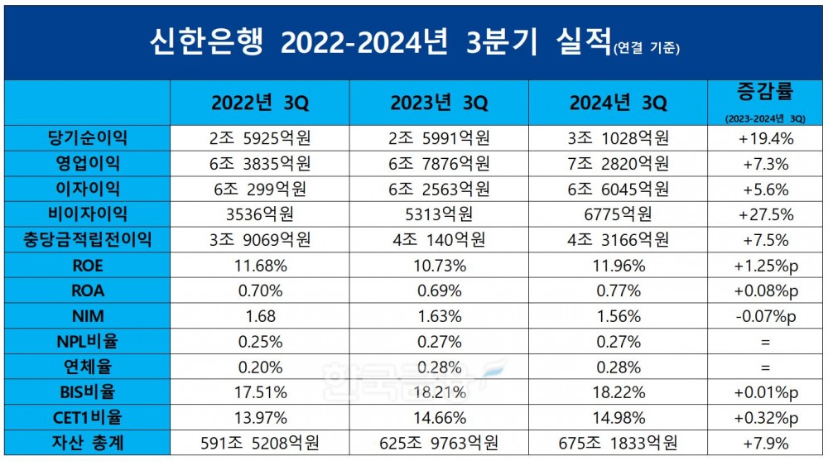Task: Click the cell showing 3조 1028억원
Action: (618, 138)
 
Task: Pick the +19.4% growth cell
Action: (765, 138)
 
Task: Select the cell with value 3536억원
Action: (259, 214)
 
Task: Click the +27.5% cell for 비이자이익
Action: (765, 214)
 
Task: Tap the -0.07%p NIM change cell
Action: (765, 316)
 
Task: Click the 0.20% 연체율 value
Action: (259, 367)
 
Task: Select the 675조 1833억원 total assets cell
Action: (618, 444)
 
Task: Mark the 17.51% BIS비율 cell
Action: (259, 393)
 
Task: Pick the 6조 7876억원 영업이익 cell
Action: (439, 163)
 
